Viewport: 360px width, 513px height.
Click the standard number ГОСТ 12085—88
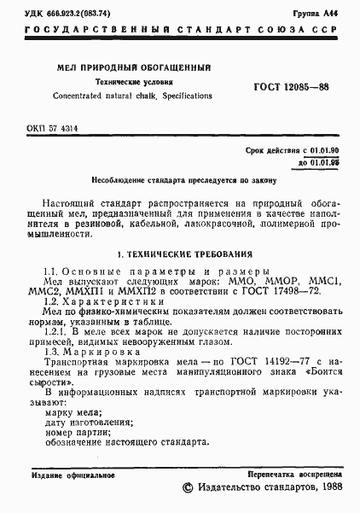click(x=292, y=88)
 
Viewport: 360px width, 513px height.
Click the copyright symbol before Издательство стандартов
click(x=189, y=487)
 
